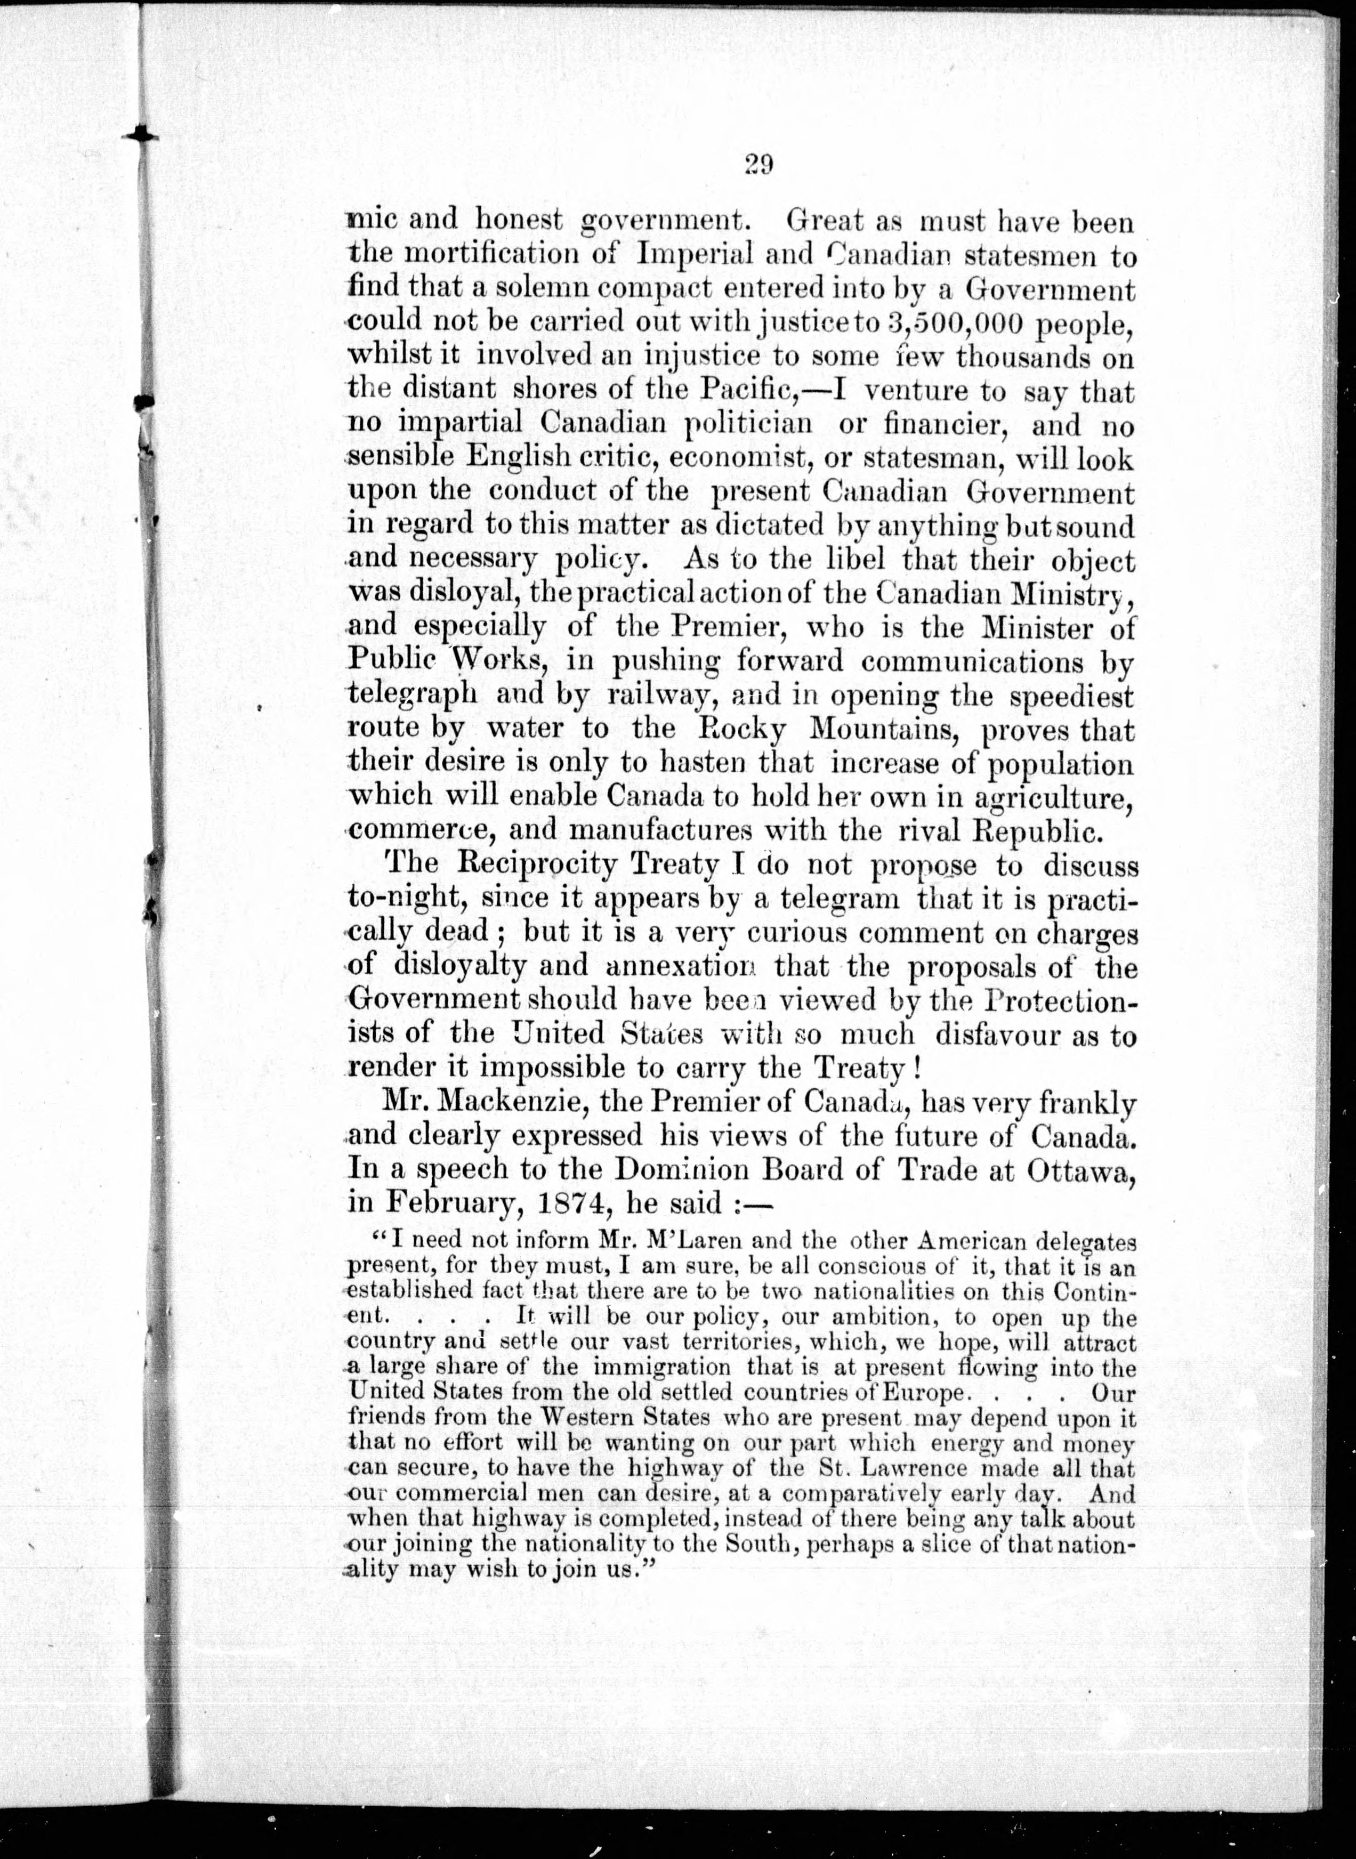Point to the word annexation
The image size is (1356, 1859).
pos(685,966)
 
